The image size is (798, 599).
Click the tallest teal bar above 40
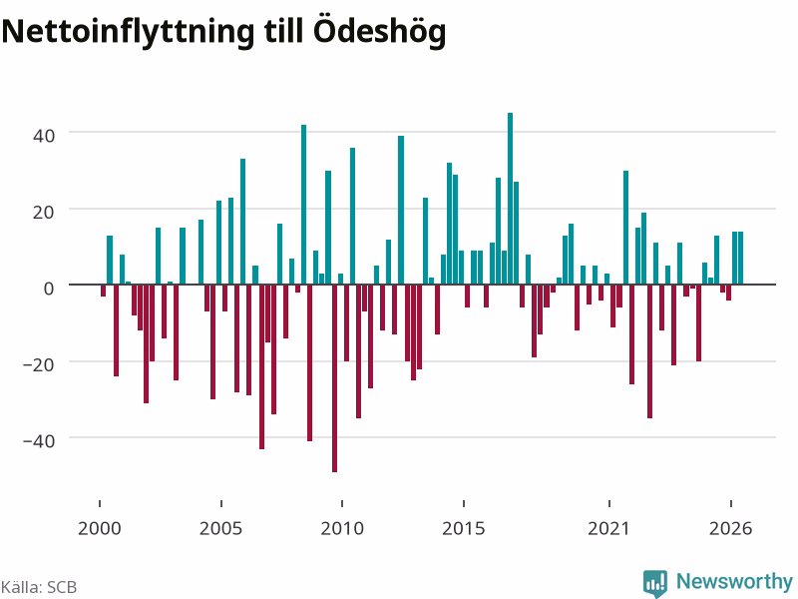coord(510,199)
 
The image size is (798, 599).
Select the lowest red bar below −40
coord(334,378)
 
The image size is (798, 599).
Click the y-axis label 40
coord(43,136)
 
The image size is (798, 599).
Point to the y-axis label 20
coord(43,213)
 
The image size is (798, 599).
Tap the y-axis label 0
coord(48,289)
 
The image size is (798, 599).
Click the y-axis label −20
coord(39,364)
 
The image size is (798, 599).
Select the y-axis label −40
coord(39,440)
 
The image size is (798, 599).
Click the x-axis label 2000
coord(99,529)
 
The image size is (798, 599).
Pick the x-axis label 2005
coord(220,529)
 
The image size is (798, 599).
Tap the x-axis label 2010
coord(342,529)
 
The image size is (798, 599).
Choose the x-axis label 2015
coord(463,529)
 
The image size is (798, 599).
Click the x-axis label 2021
coord(608,529)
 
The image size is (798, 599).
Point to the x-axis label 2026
coord(730,529)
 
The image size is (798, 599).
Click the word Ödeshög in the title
coord(380,32)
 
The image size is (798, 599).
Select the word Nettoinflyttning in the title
coord(128,32)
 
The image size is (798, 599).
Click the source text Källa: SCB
coord(39,587)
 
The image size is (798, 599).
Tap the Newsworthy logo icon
coord(655,583)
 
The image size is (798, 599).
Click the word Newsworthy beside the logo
coord(734,581)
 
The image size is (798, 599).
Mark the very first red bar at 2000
coord(103,291)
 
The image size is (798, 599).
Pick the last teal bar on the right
coord(740,258)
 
